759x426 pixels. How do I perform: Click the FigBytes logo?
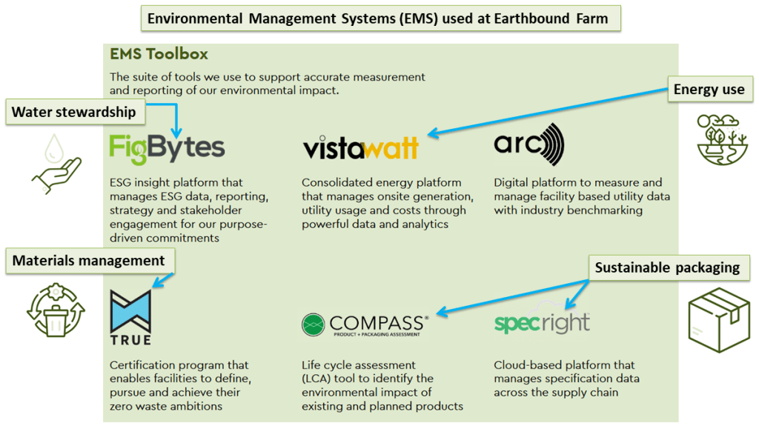coord(167,147)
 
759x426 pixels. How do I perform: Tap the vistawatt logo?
coord(360,147)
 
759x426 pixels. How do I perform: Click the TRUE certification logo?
coord(130,317)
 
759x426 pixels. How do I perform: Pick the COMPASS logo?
coord(364,325)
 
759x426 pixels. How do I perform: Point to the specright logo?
coord(542,322)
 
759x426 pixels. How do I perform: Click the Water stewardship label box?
coord(74,113)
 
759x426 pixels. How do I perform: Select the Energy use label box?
coord(709,90)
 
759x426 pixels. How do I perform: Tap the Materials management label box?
coord(89,260)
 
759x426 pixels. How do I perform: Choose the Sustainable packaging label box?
coord(667,267)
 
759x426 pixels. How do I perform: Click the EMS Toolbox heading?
coord(159,54)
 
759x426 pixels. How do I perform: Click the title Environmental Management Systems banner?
coord(380,18)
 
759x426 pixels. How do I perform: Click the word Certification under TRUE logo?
coord(142,365)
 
